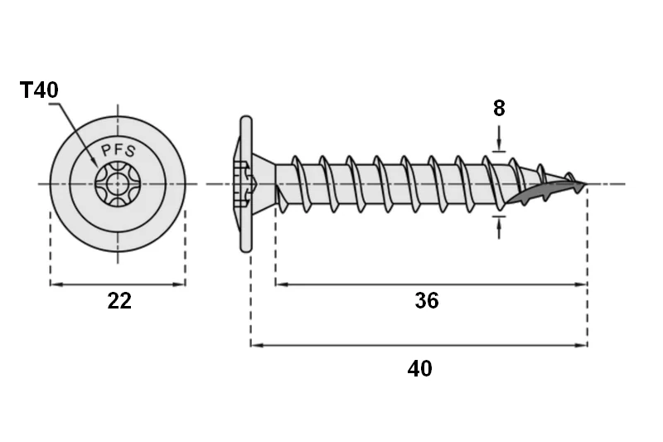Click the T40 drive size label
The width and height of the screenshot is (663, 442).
[39, 90]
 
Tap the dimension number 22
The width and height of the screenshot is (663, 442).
[119, 301]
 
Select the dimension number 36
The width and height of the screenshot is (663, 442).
[427, 301]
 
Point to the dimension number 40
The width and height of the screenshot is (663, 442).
[420, 368]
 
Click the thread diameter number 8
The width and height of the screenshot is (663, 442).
[499, 109]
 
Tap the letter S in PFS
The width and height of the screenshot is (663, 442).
[131, 152]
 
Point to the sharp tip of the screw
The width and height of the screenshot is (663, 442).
[586, 184]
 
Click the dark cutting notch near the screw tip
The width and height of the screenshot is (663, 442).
[545, 192]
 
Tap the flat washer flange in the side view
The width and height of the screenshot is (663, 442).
[245, 184]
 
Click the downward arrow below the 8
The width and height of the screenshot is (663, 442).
[499, 138]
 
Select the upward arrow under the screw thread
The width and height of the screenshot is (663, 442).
[499, 227]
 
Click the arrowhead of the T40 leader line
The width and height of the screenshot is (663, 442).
[94, 162]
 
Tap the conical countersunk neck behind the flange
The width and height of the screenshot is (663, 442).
[263, 184]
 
